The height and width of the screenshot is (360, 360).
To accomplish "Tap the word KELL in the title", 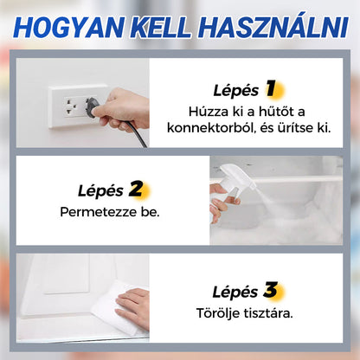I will tap(160, 27).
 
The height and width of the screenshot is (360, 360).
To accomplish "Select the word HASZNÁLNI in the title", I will tap(273, 27).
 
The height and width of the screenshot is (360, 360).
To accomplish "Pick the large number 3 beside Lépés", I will tap(272, 289).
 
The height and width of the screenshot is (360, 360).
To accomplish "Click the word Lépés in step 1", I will tap(235, 90).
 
